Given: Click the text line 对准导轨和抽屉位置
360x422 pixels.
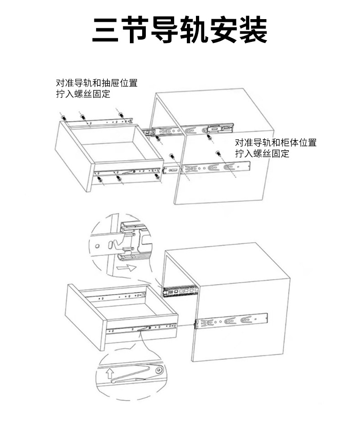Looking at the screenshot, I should pyautogui.click(x=96, y=84).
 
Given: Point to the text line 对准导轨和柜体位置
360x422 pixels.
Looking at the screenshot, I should pyautogui.click(x=275, y=143).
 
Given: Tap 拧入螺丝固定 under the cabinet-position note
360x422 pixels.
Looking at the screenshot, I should pyautogui.click(x=262, y=154).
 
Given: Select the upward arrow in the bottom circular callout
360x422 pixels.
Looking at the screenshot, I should pyautogui.click(x=110, y=374).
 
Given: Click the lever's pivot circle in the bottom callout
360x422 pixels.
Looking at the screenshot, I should pyautogui.click(x=158, y=371).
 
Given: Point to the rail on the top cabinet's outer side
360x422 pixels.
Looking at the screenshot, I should pyautogui.click(x=214, y=168).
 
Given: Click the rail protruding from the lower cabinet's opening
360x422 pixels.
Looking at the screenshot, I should pyautogui.click(x=180, y=290).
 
